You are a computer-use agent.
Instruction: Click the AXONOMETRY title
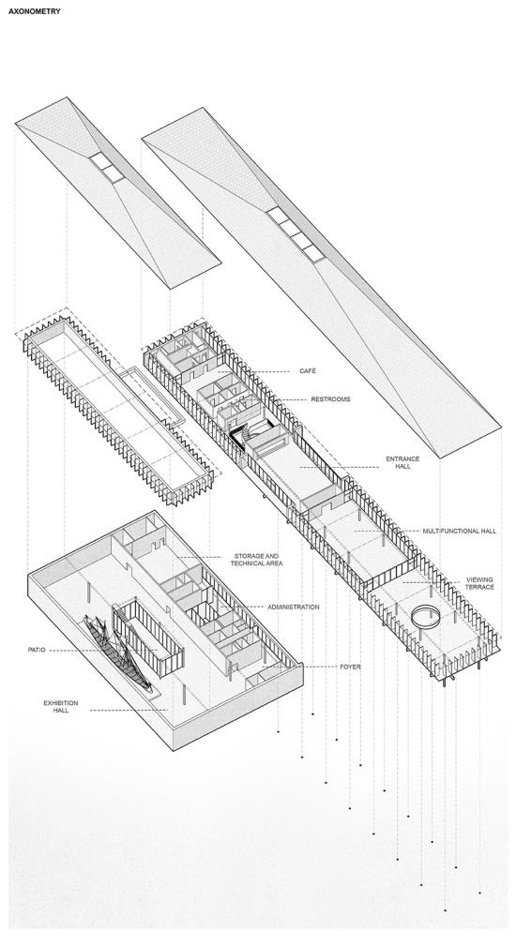point(35,11)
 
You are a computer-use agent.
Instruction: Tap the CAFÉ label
point(308,371)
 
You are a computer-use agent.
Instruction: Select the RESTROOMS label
point(330,399)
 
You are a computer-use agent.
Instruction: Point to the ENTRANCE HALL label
point(402,462)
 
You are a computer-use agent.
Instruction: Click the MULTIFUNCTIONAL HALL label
point(460,531)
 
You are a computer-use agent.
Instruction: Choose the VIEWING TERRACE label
point(479,583)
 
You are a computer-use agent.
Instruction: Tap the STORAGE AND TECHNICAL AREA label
point(256,560)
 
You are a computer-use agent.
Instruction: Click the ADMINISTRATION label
point(294,607)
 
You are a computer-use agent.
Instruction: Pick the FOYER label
point(350,667)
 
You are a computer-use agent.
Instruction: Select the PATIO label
point(37,650)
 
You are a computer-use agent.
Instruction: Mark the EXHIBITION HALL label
point(60,707)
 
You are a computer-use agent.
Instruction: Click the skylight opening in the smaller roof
point(107,167)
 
